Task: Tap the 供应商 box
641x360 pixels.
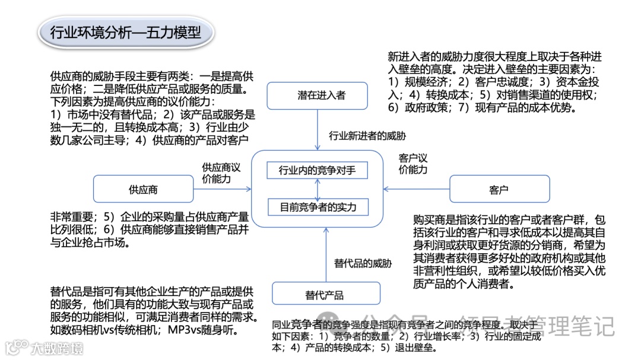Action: tap(143, 190)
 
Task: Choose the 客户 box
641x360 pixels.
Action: tap(499, 190)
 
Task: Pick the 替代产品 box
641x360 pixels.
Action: tap(325, 295)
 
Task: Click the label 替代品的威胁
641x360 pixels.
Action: tap(363, 263)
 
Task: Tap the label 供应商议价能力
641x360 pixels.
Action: tap(221, 173)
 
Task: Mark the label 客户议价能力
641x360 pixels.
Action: tap(413, 164)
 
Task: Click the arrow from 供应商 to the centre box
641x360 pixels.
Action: tap(222, 190)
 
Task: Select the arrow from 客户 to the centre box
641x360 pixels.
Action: tap(415, 190)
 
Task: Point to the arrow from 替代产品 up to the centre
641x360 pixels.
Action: tap(325, 255)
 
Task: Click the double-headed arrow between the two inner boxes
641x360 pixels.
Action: tap(318, 189)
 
